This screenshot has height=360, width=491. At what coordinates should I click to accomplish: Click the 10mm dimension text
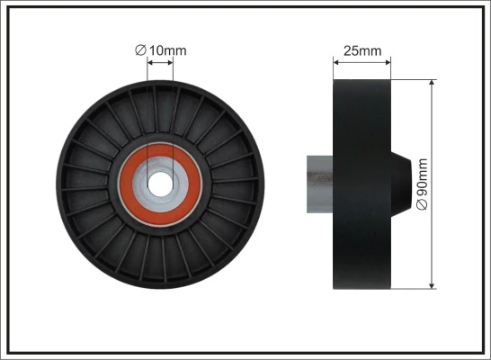(x=167, y=51)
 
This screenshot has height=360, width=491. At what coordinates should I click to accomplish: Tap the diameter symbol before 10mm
(x=140, y=51)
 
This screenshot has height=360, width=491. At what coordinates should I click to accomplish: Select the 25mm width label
(x=362, y=50)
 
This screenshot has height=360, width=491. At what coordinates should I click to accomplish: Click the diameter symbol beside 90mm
(x=423, y=205)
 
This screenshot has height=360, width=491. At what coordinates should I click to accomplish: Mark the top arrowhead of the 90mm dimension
(x=433, y=84)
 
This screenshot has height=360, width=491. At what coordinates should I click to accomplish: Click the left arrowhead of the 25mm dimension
(x=337, y=63)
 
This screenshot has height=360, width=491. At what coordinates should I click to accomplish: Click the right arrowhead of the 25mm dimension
(x=387, y=63)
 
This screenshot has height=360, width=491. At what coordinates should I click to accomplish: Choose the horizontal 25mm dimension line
(x=362, y=63)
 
